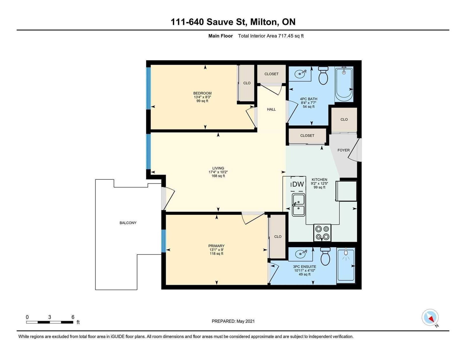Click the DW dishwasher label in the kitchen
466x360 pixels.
coord(298,184)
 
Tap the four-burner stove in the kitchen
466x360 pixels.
coord(322,233)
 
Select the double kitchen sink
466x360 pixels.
coord(298,205)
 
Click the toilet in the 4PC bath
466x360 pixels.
coord(323,75)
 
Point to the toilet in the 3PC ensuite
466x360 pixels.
coord(325,256)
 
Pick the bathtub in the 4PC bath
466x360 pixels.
coord(344,84)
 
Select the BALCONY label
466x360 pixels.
coord(128,223)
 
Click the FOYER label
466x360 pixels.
coord(344,150)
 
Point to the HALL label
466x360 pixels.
coord(271,109)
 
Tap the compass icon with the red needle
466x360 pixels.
coord(430,317)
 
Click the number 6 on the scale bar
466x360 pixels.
coord(73,317)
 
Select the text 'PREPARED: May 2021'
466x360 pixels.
coord(233,321)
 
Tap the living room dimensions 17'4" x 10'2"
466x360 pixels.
coord(218,172)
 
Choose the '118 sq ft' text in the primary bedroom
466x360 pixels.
coord(216,254)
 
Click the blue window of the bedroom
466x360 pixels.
coord(149,88)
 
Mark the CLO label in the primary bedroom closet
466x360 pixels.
coord(278,237)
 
